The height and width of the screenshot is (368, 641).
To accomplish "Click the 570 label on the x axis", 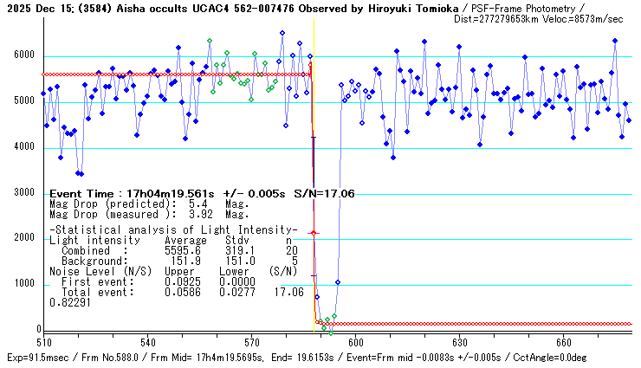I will [251, 342].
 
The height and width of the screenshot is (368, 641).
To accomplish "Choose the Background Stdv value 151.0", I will [240, 261].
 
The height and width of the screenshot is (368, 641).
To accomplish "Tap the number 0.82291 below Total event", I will [68, 303].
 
